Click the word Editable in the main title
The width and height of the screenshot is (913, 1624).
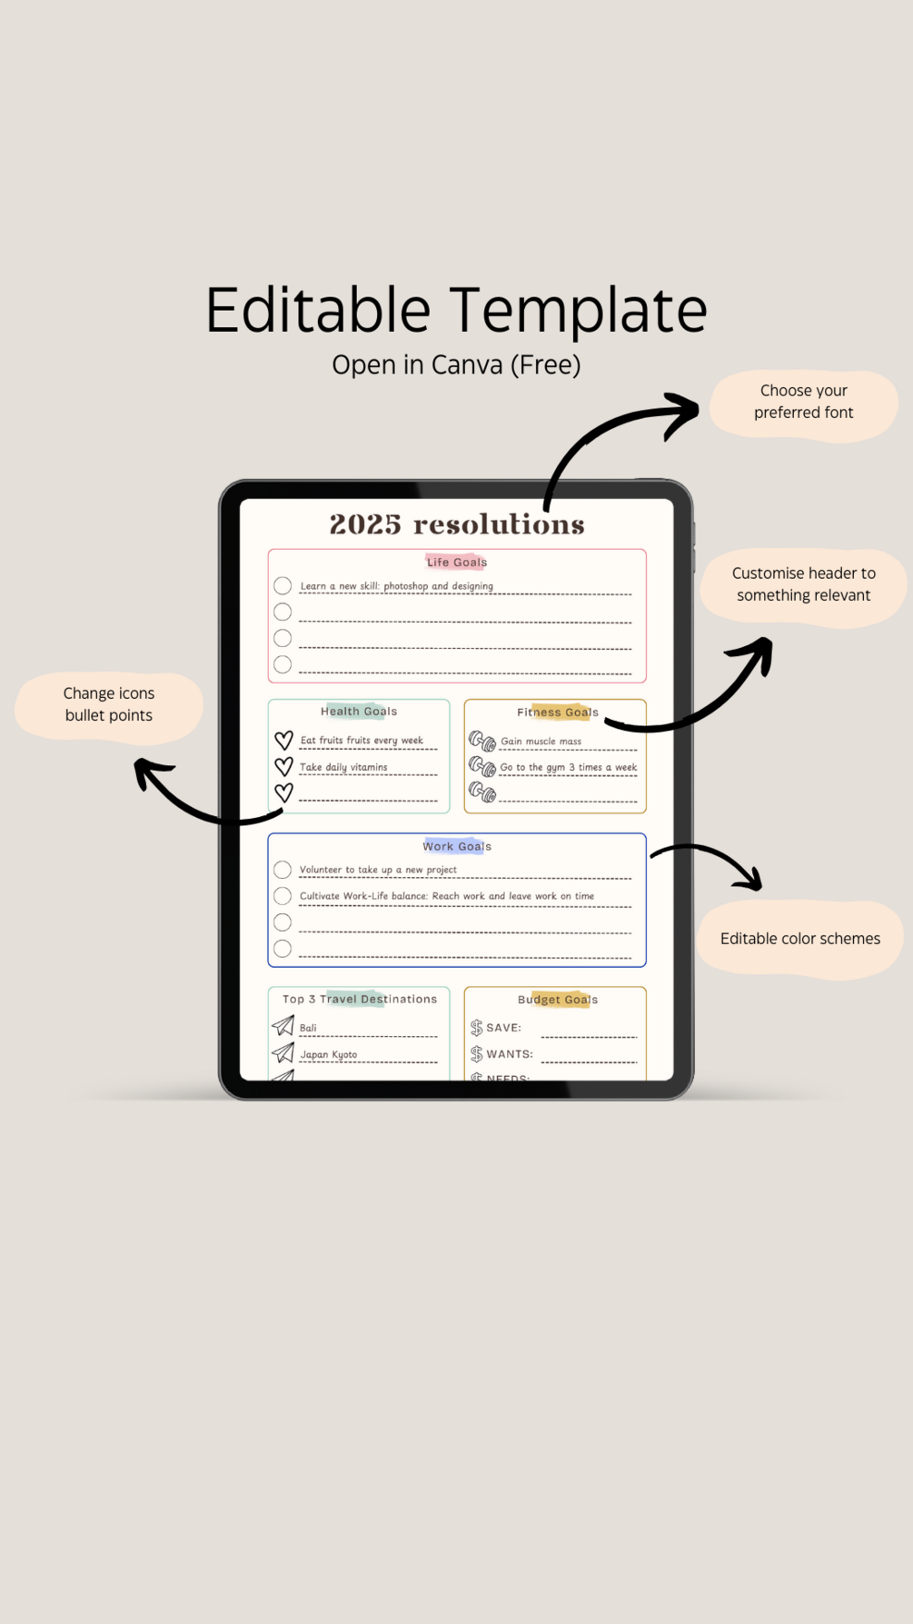click(x=318, y=310)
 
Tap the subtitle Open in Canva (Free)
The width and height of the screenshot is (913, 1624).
click(x=456, y=365)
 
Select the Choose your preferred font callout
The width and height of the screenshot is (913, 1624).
click(x=804, y=406)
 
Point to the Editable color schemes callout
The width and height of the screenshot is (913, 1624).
click(x=800, y=940)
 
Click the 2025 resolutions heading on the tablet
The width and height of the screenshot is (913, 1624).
click(x=457, y=524)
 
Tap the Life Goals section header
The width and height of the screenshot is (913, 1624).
click(x=457, y=563)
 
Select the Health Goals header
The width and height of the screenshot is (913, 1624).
click(x=359, y=712)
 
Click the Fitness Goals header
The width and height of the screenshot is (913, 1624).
click(x=558, y=712)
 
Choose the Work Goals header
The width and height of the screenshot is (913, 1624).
click(x=457, y=846)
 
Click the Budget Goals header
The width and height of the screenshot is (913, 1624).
click(x=558, y=1000)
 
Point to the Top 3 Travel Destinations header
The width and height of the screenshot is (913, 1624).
click(x=360, y=999)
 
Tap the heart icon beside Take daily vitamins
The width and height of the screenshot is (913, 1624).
click(x=283, y=767)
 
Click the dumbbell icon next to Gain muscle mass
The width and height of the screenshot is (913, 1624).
click(x=482, y=742)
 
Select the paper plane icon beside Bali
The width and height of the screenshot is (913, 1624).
click(x=283, y=1025)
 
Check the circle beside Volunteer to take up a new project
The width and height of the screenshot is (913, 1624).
click(x=283, y=870)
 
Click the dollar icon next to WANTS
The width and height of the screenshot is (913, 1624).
click(x=477, y=1054)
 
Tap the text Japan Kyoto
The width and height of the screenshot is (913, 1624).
click(x=329, y=1055)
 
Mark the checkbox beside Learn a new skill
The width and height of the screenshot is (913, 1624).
click(x=283, y=586)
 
